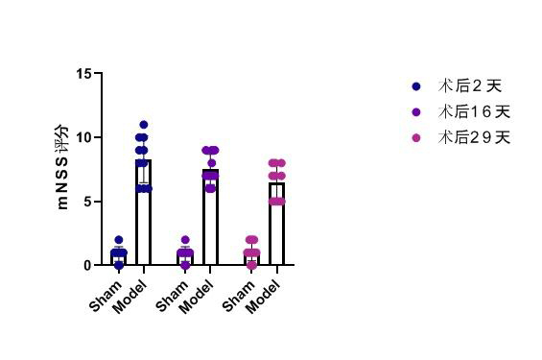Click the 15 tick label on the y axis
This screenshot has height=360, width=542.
tap(84, 73)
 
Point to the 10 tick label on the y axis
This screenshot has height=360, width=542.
tap(84, 137)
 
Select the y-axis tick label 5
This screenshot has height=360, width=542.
tap(87, 202)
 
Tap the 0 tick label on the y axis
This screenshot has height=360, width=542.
tap(87, 266)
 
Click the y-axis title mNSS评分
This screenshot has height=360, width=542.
tap(63, 166)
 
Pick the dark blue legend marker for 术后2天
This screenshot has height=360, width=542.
tap(416, 86)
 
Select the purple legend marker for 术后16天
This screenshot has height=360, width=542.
tap(416, 112)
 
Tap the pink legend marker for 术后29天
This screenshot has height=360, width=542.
tap(416, 138)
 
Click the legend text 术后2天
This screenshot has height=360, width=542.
tap(470, 86)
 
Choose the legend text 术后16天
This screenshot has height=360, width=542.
tap(474, 111)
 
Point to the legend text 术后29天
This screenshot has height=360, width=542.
tap(474, 137)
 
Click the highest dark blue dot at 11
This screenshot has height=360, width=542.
tap(144, 125)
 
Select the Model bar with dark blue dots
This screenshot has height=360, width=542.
tap(144, 212)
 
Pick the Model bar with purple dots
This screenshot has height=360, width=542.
tap(210, 217)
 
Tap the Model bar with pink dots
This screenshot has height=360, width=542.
tap(276, 224)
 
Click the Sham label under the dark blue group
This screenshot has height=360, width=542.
tap(106, 296)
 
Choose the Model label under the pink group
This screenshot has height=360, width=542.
tap(263, 297)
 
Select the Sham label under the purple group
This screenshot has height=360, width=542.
tap(172, 296)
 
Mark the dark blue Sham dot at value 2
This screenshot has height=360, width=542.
tap(119, 240)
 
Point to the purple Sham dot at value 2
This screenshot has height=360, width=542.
tap(185, 240)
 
